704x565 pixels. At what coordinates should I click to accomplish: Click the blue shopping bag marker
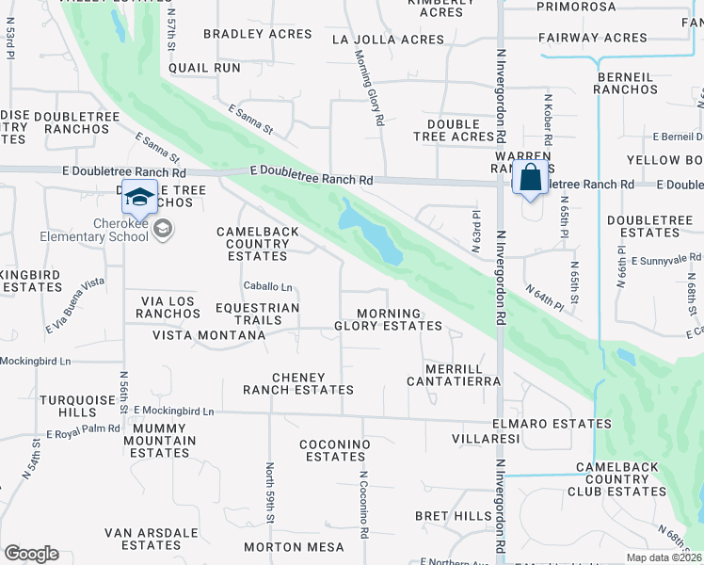tap(531, 178)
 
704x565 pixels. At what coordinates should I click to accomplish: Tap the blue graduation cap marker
tap(138, 197)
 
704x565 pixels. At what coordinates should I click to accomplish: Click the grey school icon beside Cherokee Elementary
tap(163, 229)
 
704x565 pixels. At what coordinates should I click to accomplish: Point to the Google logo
tap(31, 554)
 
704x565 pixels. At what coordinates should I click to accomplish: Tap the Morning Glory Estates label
tap(388, 320)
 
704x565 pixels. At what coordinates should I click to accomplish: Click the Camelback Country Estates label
tap(258, 244)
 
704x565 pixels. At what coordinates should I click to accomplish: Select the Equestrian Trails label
tap(257, 315)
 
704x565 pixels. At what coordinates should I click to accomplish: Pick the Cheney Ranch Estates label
tap(298, 383)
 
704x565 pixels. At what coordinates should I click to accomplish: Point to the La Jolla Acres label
tap(388, 40)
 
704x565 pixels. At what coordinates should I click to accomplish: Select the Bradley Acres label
tap(257, 34)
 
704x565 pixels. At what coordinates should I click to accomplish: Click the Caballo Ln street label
tap(268, 286)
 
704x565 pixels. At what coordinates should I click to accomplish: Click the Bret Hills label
tap(454, 516)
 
